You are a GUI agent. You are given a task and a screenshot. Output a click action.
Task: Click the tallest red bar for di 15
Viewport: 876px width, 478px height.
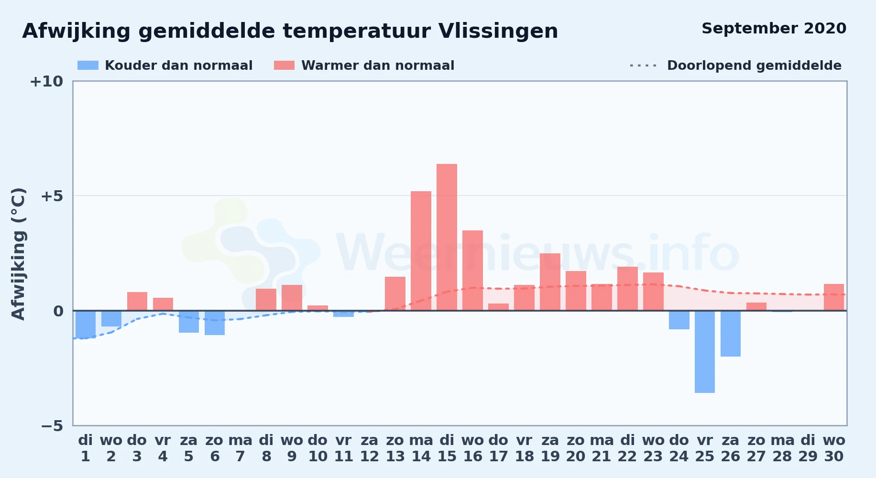coord(447,237)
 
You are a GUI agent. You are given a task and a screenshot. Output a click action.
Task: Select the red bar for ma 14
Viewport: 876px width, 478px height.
coord(421,251)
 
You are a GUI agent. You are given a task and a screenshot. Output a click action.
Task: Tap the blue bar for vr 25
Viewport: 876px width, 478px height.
coord(705,352)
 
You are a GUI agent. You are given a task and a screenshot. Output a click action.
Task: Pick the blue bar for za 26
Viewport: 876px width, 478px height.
coord(731,334)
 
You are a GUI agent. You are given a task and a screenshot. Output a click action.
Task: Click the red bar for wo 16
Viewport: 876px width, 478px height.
coord(472,271)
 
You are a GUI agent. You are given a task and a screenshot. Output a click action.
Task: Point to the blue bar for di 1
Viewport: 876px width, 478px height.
coord(86,325)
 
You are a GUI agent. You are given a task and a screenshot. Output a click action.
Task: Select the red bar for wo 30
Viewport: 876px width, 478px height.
coord(834,297)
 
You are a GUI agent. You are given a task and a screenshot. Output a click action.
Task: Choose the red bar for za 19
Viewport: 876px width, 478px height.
coord(550,282)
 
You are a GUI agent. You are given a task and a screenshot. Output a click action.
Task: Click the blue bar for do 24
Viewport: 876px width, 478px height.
coord(679,320)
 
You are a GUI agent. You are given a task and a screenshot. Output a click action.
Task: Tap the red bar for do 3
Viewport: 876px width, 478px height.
coord(137,301)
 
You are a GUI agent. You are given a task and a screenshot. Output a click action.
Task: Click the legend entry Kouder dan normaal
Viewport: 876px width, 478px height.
coord(165,65)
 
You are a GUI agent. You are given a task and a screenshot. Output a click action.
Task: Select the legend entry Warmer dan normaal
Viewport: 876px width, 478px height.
coord(364,65)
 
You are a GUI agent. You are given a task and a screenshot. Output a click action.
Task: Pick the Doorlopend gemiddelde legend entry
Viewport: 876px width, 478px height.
coord(735,65)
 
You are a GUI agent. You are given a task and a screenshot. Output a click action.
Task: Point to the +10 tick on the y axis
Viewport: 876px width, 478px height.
coord(46,81)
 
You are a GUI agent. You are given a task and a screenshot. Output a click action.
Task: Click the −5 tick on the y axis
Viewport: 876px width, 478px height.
coord(52,425)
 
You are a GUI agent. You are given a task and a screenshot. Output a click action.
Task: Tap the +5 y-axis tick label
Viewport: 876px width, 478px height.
coord(52,196)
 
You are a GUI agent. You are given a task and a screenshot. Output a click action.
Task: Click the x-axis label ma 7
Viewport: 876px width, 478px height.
coord(241,448)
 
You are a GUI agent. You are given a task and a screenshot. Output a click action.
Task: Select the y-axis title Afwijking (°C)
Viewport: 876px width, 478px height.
coord(18,253)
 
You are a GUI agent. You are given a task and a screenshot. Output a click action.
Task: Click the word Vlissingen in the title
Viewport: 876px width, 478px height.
coord(498,32)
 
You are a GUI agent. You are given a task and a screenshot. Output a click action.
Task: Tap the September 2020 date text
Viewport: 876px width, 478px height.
coord(774,29)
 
